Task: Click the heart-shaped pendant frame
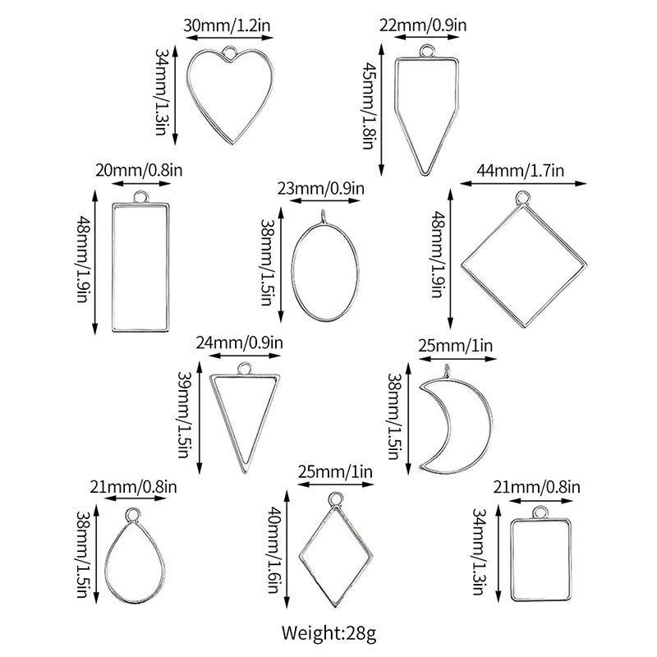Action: point(224,95)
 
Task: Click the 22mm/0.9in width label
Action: point(424,25)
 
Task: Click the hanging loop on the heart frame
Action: point(231,56)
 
